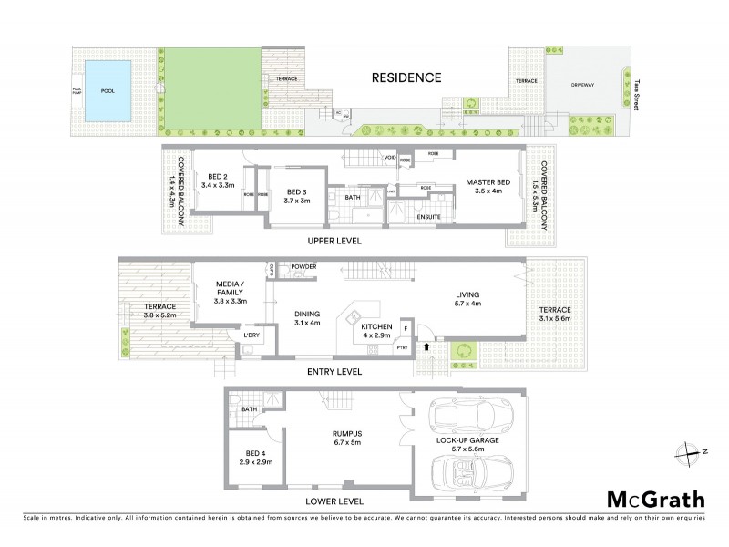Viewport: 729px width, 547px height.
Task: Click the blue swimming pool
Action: point(107,92)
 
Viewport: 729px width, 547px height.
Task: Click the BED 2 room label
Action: point(217,181)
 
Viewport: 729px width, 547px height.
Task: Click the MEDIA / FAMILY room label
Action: point(230,288)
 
